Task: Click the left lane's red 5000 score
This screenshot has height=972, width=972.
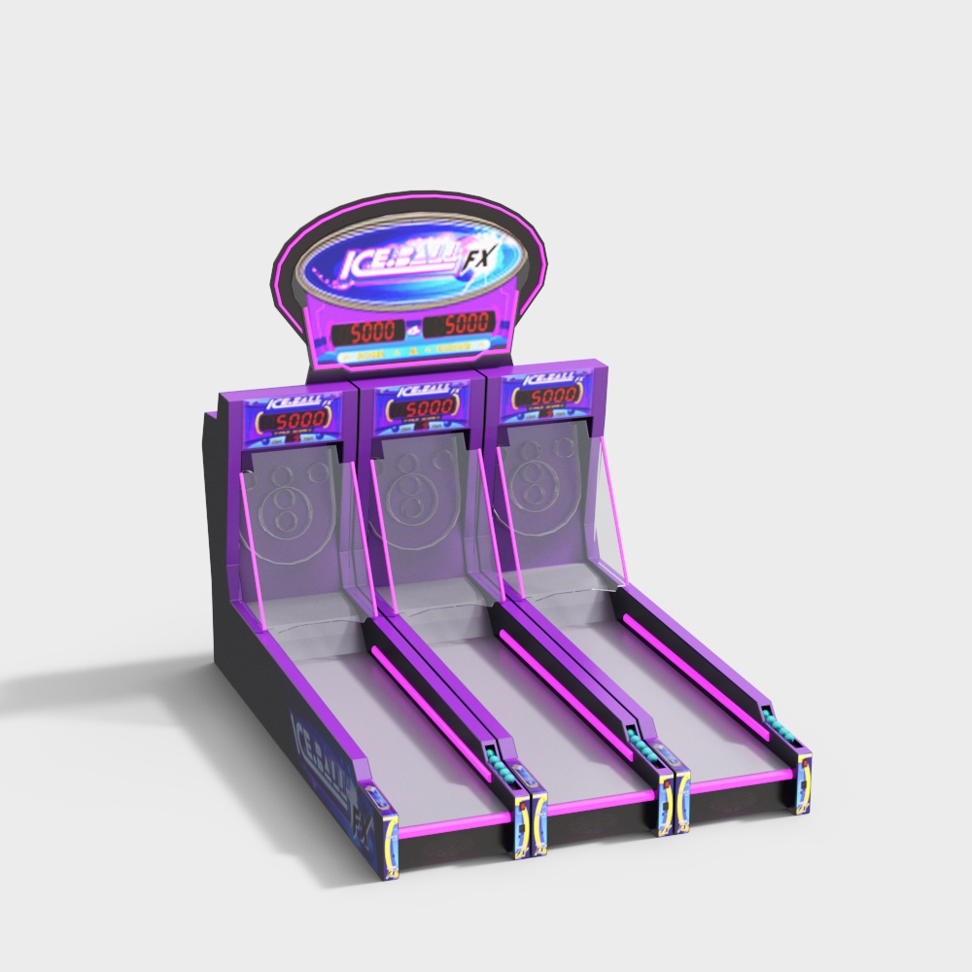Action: (295, 422)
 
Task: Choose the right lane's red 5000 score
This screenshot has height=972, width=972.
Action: (552, 397)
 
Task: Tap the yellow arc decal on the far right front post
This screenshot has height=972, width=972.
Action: (804, 781)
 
